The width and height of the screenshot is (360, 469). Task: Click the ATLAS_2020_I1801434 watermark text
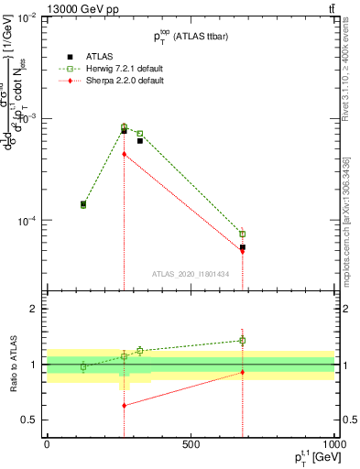tap(190, 274)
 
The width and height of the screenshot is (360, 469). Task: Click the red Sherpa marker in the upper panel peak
tap(124, 154)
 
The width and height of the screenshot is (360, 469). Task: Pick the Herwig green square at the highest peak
tap(124, 127)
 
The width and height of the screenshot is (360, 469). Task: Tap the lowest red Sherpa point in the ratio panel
tap(124, 405)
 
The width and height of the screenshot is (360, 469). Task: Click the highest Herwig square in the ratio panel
tap(243, 340)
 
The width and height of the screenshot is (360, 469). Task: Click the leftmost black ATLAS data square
tap(83, 204)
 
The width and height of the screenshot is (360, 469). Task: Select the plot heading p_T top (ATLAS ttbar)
tap(190, 35)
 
